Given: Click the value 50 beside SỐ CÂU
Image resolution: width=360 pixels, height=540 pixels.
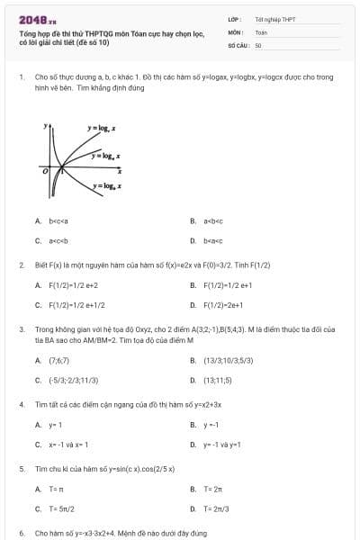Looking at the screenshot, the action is pyautogui.click(x=258, y=44).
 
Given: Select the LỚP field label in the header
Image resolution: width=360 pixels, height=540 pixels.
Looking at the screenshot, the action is pyautogui.click(x=234, y=19).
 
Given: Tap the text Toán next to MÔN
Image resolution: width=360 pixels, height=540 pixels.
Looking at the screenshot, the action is pyautogui.click(x=261, y=31).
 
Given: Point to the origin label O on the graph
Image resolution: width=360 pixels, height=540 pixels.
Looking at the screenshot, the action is pyautogui.click(x=43, y=169).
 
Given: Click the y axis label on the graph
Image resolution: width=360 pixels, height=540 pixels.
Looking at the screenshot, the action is pyautogui.click(x=48, y=127).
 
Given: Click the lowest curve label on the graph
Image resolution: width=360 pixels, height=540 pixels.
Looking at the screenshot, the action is pyautogui.click(x=107, y=185).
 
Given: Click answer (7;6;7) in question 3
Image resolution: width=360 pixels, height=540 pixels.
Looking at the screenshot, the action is pyautogui.click(x=59, y=360).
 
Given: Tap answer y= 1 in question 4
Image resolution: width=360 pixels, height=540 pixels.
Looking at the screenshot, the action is pyautogui.click(x=54, y=425).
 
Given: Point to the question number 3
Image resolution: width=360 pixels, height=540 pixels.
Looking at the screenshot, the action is pyautogui.click(x=21, y=330).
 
